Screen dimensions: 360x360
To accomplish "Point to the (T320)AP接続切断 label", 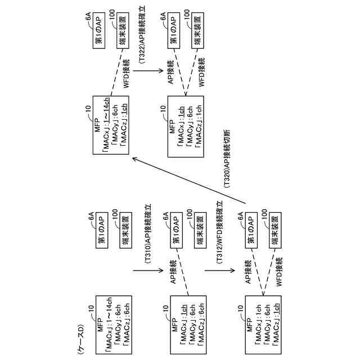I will [226, 163].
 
